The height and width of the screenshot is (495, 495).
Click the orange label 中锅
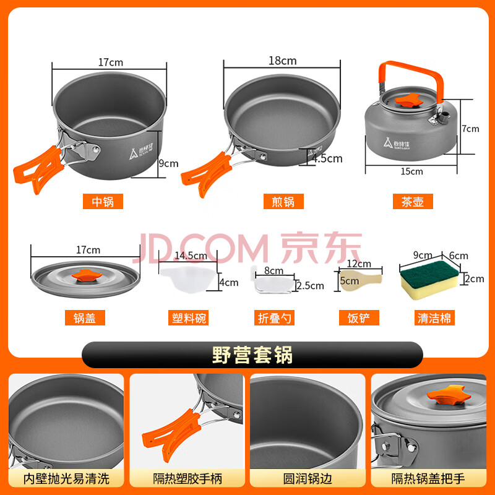pos(103,202)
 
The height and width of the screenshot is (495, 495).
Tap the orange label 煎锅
pos(283,202)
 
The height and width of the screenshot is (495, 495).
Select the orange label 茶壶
pos(413,202)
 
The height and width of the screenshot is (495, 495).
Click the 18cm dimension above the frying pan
pos(283,61)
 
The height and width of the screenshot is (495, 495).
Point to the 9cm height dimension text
pos(168,163)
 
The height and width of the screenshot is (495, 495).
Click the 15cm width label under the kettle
pos(411,171)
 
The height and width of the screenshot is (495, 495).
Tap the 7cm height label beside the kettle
pos(470,129)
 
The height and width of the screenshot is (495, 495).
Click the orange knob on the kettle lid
pos(409,100)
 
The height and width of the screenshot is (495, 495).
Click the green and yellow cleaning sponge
pos(429,279)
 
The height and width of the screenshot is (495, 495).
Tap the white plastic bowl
pos(189,279)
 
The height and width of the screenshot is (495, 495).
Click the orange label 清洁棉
pos(434,318)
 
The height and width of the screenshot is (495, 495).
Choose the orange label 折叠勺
pos(274,318)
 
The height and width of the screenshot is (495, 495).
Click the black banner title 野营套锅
pos(252,355)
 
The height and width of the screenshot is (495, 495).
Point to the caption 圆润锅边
pos(308,478)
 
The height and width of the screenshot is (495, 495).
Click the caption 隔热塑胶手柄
pos(187,478)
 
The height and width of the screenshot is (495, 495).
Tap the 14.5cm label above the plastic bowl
pos(191,256)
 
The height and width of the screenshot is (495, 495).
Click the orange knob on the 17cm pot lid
pos(86,275)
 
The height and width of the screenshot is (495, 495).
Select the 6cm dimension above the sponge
pos(458,256)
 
